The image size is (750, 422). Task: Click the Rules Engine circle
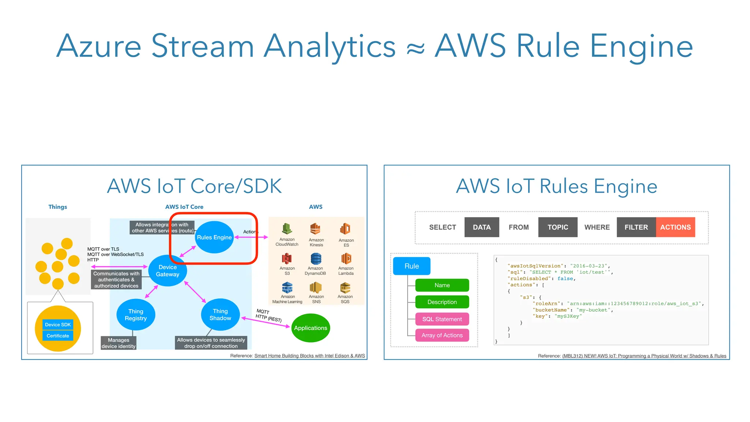tap(214, 237)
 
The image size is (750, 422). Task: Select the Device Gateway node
tap(168, 271)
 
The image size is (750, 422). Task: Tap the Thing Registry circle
tap(136, 315)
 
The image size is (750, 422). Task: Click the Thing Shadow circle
tap(220, 315)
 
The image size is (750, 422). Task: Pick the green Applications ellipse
tap(311, 328)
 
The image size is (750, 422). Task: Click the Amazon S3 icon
tap(287, 259)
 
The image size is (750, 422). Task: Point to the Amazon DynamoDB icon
tap(316, 259)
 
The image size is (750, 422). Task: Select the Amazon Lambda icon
tap(346, 259)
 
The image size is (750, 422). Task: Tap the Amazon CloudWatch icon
tap(287, 229)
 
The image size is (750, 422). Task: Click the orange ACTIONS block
tap(675, 227)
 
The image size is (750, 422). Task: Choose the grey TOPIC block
tap(558, 227)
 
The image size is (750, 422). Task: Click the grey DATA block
tap(482, 227)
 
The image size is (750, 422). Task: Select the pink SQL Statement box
tap(442, 319)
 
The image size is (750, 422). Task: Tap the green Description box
tap(442, 302)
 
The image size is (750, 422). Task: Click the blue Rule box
tap(412, 266)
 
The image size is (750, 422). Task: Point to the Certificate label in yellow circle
tap(58, 336)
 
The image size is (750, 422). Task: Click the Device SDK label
tap(58, 325)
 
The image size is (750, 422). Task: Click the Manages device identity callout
tap(119, 343)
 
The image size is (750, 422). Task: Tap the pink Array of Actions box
tap(442, 335)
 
